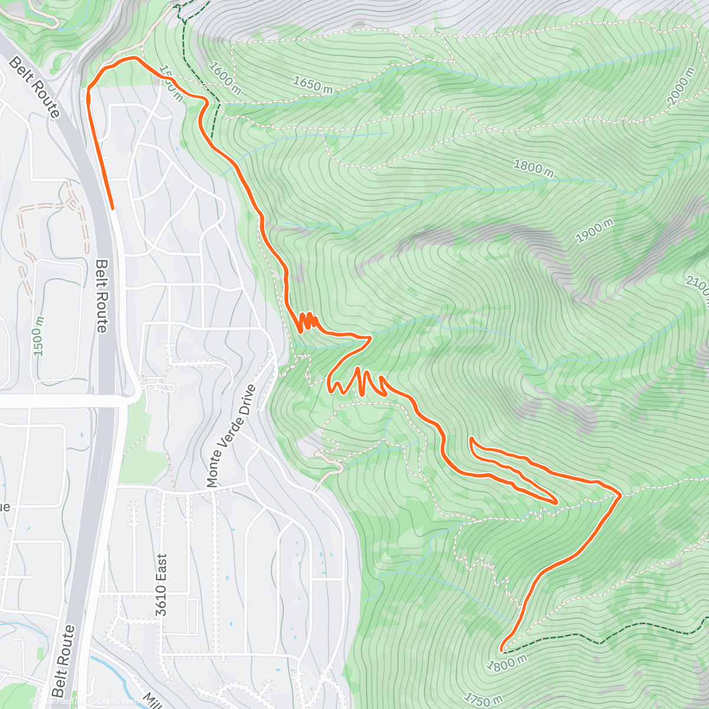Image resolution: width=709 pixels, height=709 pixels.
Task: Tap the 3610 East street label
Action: tap(161, 577)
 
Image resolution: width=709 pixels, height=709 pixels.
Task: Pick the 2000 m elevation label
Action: tap(680, 86)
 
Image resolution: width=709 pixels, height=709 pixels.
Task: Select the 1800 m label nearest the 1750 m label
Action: tap(506, 664)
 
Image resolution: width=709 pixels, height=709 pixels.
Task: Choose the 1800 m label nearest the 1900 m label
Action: tap(533, 167)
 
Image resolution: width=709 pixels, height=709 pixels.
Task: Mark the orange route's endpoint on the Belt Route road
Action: tap(112, 208)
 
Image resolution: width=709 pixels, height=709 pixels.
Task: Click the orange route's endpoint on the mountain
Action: tap(502, 650)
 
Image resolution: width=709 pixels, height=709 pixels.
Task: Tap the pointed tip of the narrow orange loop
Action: tap(557, 502)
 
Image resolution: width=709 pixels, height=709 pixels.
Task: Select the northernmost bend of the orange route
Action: tap(135, 58)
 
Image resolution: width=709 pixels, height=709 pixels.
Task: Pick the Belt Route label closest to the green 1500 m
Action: tap(102, 295)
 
